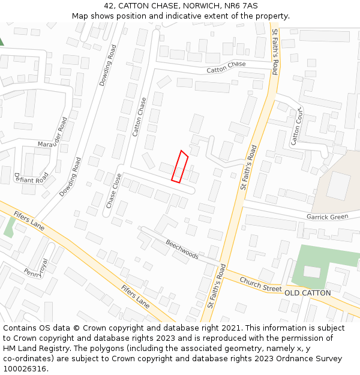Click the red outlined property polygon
point(180,166)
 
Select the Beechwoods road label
point(182,247)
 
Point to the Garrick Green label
point(327,217)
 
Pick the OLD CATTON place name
point(307,293)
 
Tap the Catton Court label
point(295,128)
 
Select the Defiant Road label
point(31,178)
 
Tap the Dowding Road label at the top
point(109,65)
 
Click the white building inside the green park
point(312,272)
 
